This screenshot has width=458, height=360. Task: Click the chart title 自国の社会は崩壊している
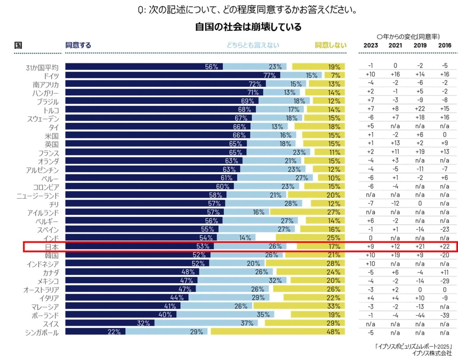point(248,27)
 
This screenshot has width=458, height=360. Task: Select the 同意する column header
point(78,45)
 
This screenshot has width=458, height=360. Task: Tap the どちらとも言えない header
point(253,45)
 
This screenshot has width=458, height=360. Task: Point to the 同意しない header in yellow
point(331,45)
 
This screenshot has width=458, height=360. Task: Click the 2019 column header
point(420,45)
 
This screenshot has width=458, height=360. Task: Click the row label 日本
point(52,247)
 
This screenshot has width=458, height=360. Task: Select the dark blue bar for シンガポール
point(95,332)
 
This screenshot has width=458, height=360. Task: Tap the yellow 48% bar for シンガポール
point(277,332)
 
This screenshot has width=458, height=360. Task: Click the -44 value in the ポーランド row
point(420,315)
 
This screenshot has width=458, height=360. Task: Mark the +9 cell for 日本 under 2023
point(370,247)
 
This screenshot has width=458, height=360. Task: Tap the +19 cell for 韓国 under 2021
point(395,255)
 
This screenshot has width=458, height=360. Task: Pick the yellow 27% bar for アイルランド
point(307,212)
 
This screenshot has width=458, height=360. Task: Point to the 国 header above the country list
point(18,45)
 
